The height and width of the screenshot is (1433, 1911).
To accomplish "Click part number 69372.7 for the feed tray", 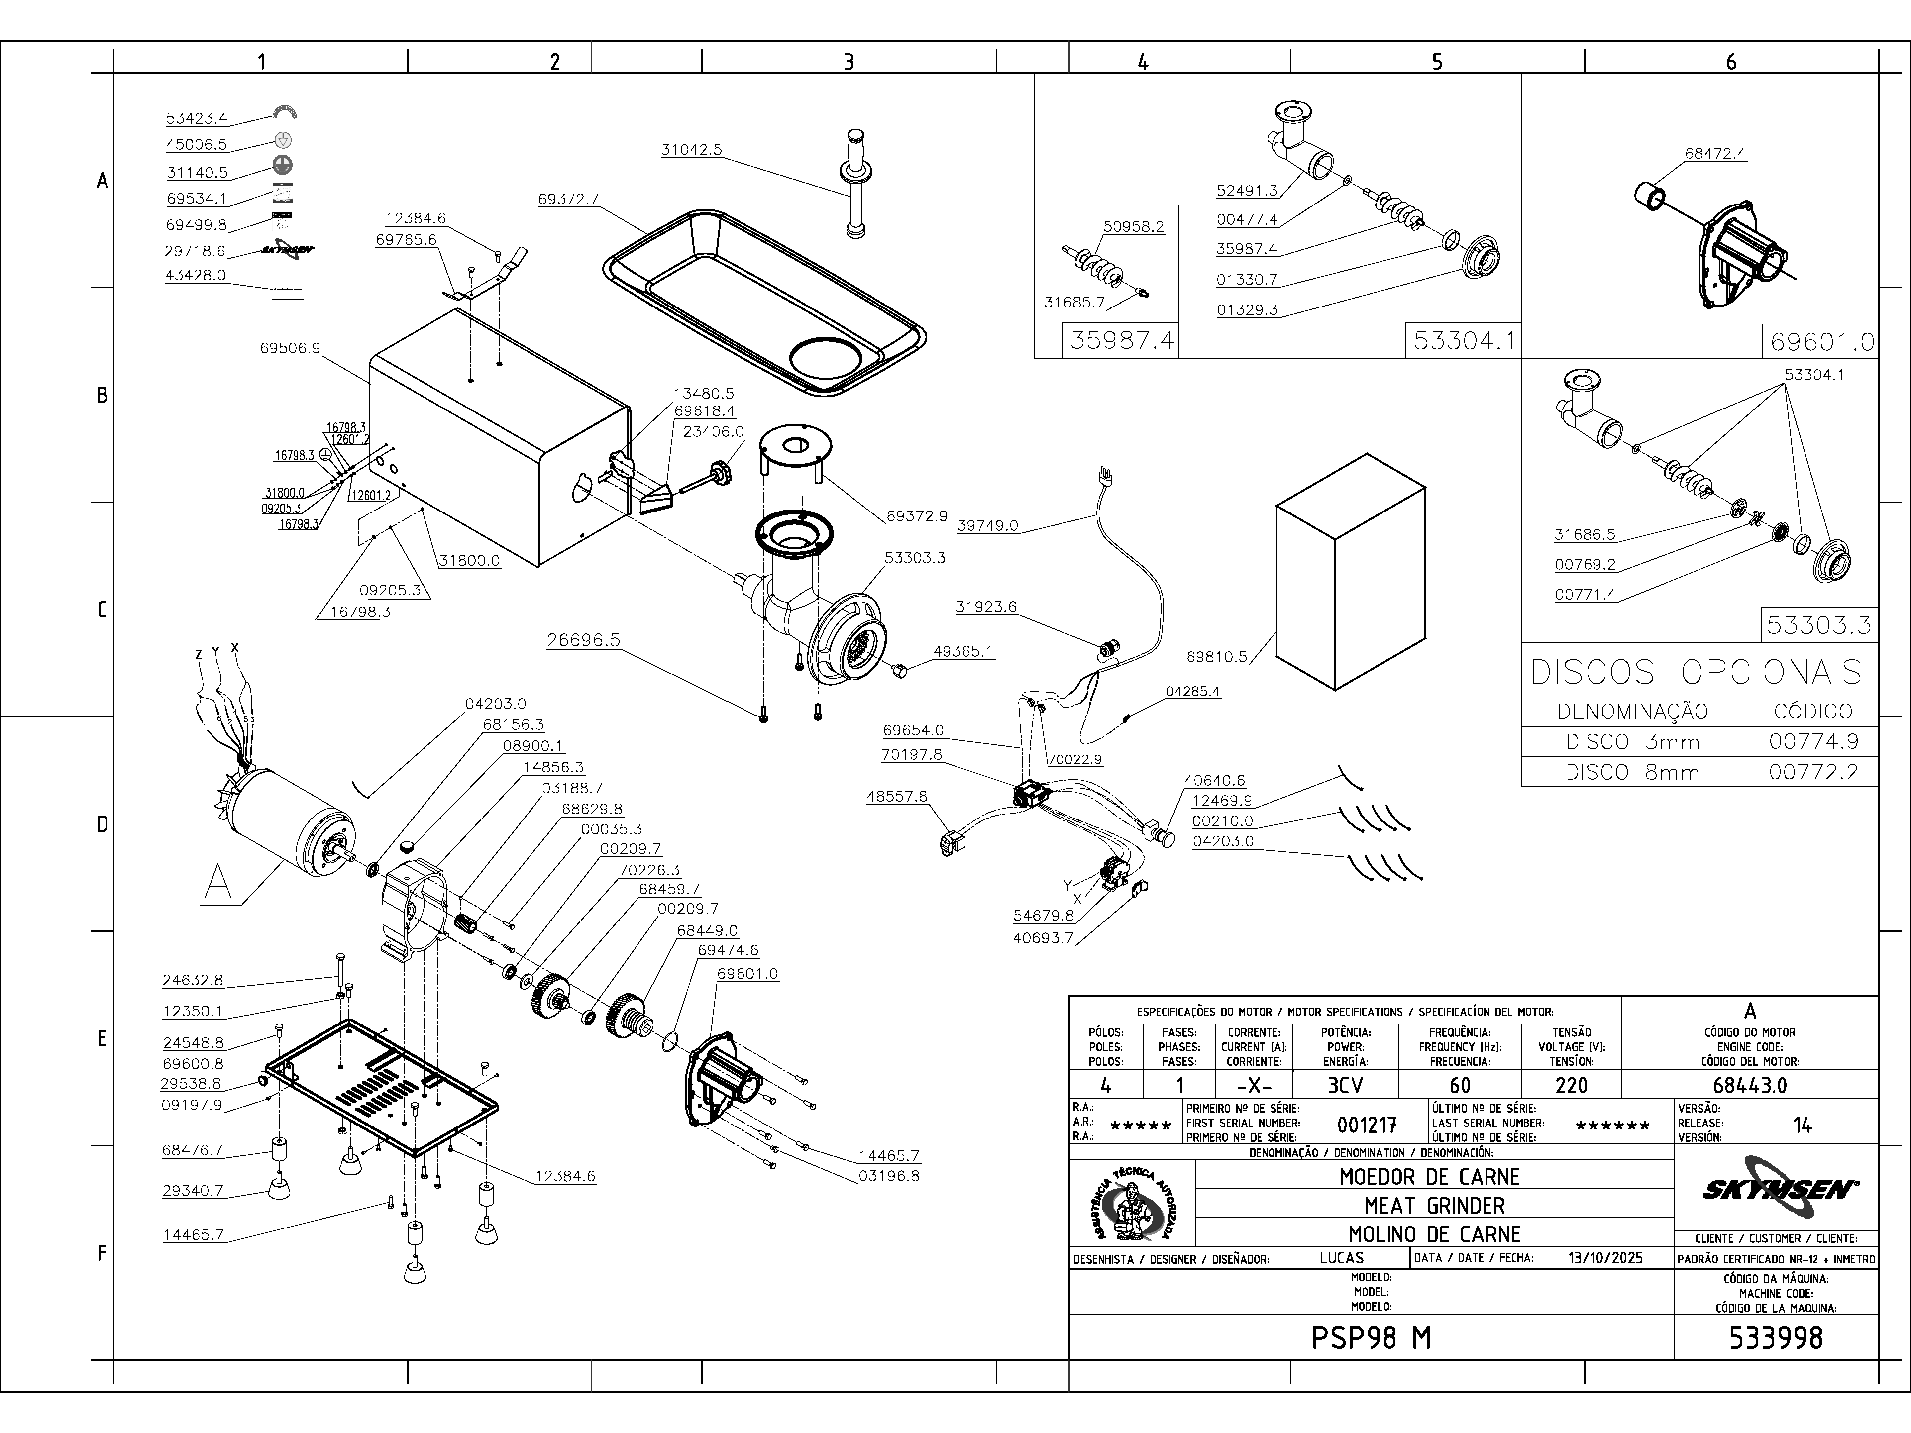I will click(x=568, y=199).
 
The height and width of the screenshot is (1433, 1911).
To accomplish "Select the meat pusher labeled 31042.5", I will click(x=855, y=183).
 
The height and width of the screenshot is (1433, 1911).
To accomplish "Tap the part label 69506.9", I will click(x=290, y=348).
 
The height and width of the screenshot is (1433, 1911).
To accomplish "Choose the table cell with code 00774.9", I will click(x=1812, y=741).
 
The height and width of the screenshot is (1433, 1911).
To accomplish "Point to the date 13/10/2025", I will click(x=1604, y=1258).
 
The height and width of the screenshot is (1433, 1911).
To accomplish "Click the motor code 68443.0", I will click(x=1749, y=1085).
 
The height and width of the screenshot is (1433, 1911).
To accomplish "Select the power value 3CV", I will click(x=1345, y=1085).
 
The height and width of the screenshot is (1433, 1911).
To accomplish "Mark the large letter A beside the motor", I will click(x=218, y=883).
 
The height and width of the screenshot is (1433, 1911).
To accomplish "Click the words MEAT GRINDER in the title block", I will click(x=1434, y=1205).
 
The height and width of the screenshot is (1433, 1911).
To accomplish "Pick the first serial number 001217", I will click(x=1367, y=1125).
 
